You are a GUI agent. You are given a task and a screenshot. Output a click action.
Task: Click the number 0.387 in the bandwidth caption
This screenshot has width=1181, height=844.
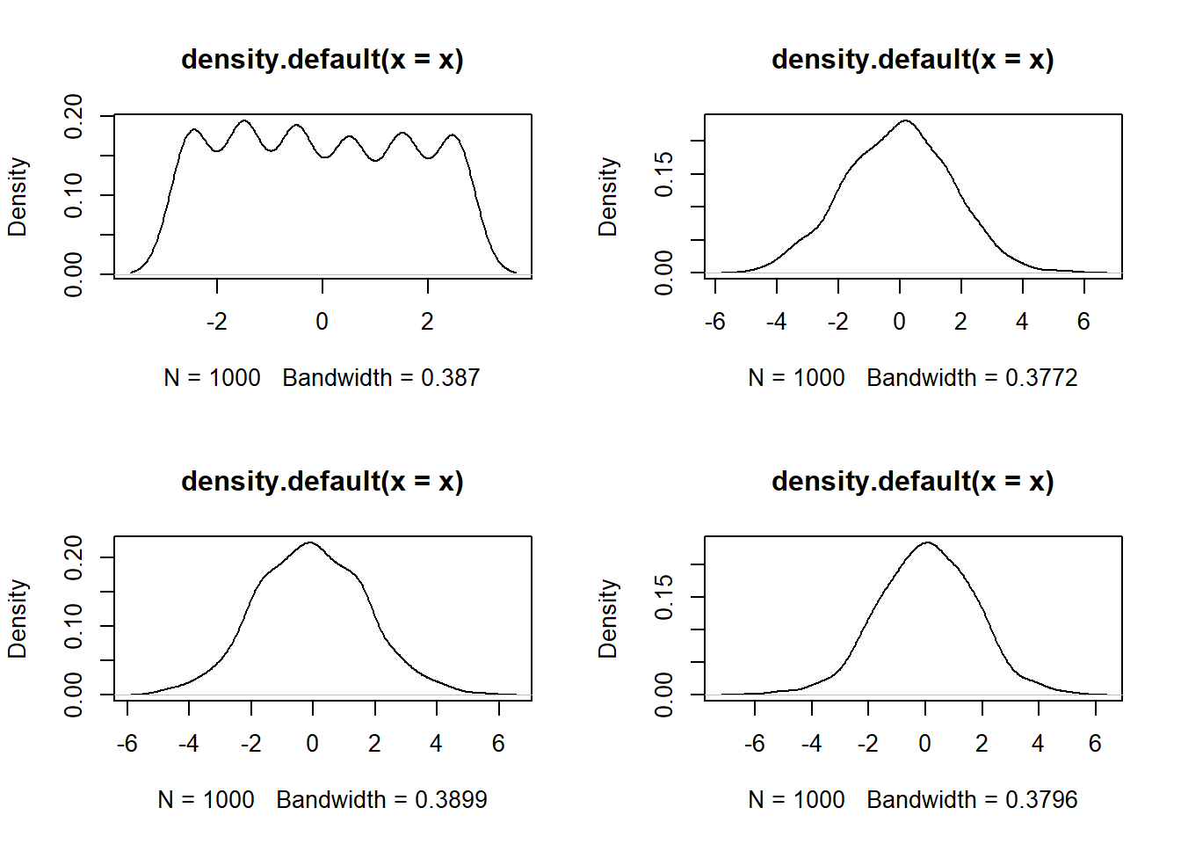pos(450,378)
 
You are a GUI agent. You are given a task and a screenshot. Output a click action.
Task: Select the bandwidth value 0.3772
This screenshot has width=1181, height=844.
pos(1041,378)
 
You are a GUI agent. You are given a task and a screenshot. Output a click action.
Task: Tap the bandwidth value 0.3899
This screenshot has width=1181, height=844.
pos(451,800)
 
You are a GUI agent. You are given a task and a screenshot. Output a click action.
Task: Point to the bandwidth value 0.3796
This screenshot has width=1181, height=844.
pos(1041,800)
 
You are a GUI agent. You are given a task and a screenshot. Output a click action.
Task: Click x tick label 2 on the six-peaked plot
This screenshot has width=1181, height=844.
pos(427,322)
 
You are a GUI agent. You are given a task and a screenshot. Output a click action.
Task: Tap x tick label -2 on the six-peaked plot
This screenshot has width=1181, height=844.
pos(216,322)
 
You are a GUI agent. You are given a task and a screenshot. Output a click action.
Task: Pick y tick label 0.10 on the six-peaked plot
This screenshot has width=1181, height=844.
pos(74,194)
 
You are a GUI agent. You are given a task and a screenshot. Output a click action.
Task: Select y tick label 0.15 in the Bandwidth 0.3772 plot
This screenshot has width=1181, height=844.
pos(664,173)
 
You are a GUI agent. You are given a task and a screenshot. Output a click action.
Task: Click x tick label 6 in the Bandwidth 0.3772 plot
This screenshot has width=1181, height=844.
pos(1083,322)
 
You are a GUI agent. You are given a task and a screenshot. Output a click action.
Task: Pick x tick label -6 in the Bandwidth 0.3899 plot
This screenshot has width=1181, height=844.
pos(127,744)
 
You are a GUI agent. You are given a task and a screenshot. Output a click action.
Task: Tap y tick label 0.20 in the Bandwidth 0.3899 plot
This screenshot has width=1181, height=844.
pos(74,557)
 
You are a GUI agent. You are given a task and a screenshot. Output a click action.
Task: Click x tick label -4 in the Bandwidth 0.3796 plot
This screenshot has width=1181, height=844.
pos(811,744)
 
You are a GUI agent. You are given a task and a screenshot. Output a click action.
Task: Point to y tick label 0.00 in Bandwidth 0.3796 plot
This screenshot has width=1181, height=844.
pos(664,695)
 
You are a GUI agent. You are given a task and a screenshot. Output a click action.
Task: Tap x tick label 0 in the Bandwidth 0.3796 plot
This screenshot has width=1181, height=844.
pos(924,744)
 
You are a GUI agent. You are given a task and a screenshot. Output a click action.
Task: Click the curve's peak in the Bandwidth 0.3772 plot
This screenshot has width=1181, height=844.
pos(905,120)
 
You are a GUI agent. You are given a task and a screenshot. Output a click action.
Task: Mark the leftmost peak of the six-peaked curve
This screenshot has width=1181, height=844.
pos(193,130)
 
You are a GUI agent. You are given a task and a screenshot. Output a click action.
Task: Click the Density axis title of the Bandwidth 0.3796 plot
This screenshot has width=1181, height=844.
pos(608,618)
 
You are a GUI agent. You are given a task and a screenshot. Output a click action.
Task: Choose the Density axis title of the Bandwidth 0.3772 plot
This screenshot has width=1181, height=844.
pos(608,196)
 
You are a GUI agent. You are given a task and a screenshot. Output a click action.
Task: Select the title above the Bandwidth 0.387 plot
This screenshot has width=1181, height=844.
pos(322,59)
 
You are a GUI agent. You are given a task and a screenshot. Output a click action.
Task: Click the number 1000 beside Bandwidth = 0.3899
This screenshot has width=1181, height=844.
pos(228,800)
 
